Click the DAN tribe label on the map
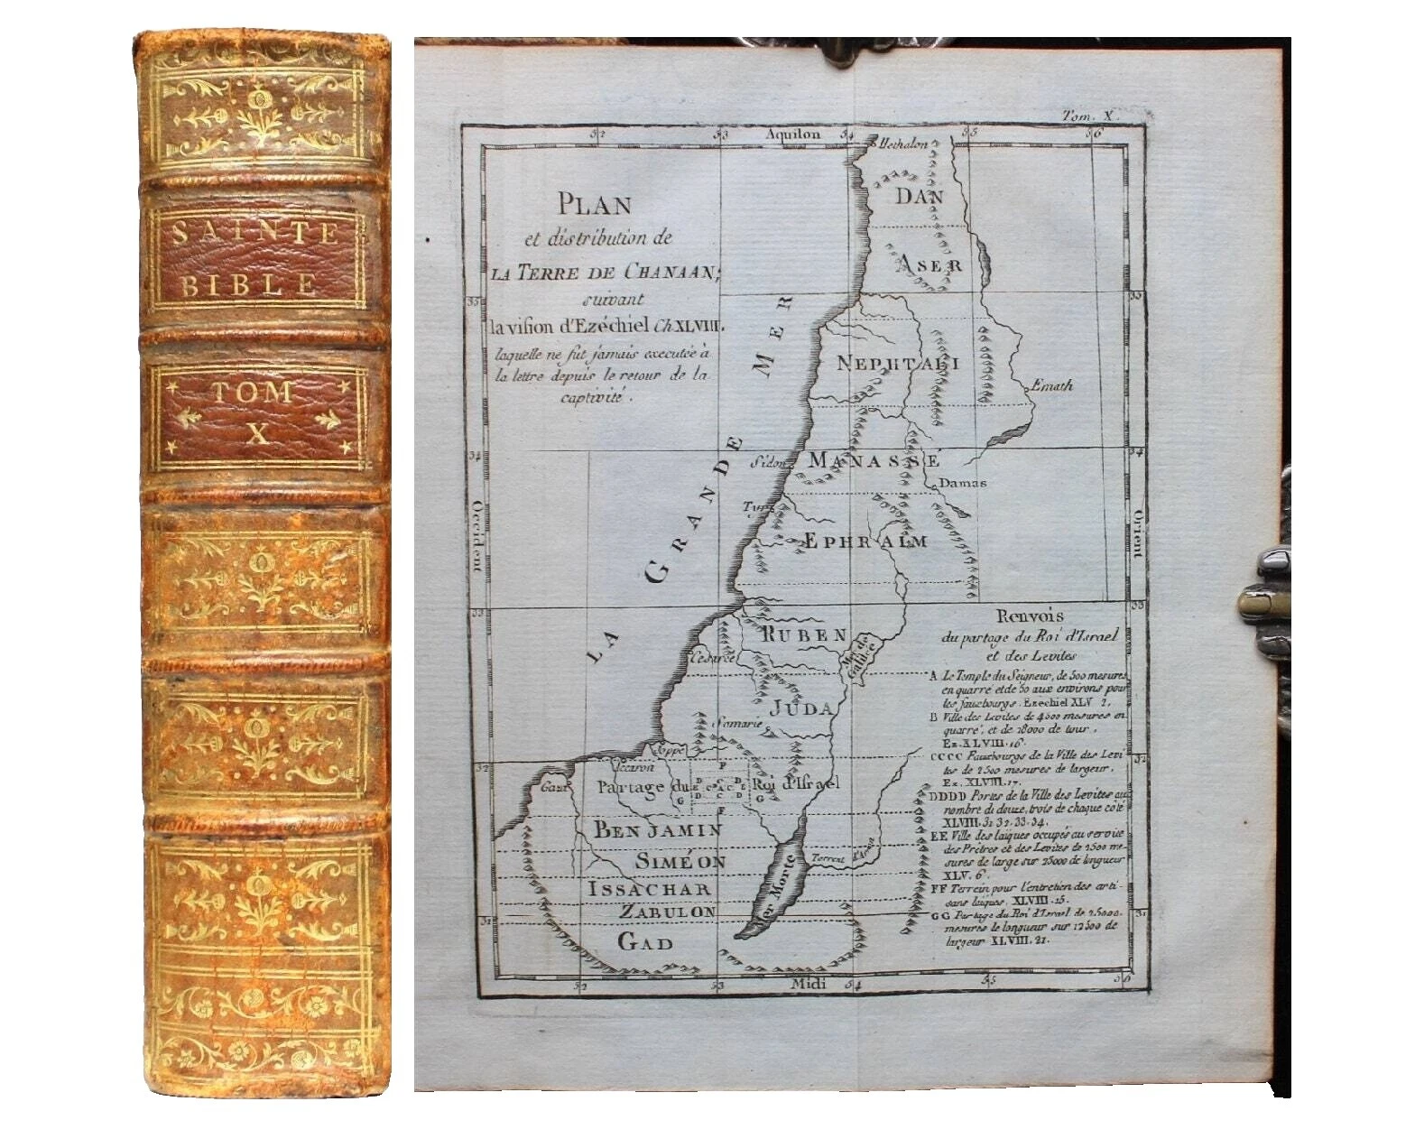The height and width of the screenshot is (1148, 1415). click(919, 197)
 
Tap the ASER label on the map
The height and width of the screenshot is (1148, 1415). click(929, 264)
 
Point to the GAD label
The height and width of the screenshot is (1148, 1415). click(645, 943)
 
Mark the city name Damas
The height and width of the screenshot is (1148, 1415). click(962, 483)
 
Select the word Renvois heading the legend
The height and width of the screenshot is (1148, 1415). click(1030, 616)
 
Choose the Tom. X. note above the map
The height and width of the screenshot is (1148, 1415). click(1091, 116)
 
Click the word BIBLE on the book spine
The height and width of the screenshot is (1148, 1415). click(251, 285)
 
